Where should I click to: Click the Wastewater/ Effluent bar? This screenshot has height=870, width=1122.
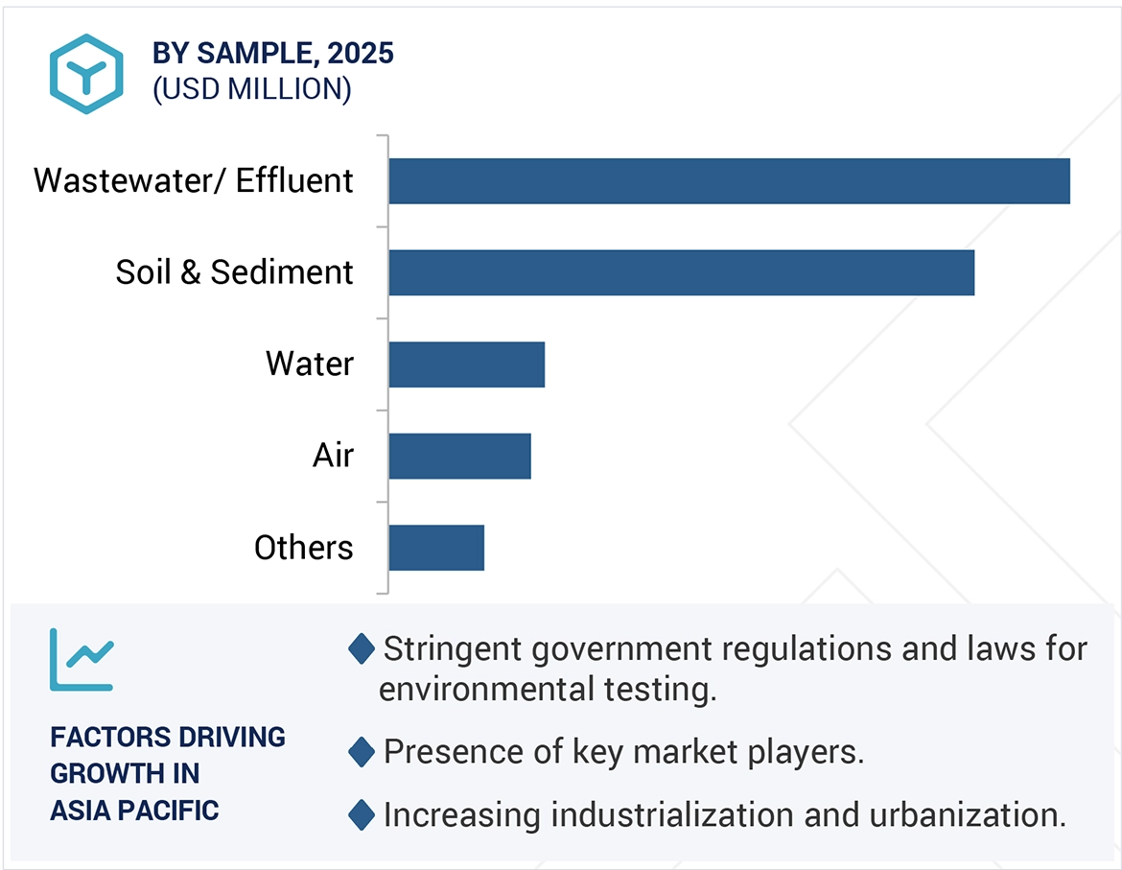729,181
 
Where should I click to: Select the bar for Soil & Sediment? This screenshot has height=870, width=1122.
681,272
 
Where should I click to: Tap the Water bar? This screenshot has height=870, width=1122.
466,364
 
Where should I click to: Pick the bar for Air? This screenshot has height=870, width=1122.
459,456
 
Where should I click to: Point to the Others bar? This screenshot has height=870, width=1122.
436,548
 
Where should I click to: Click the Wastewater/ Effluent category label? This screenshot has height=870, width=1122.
194,181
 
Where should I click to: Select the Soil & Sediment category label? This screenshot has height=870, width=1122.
234,272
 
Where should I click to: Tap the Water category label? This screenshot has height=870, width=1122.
310,364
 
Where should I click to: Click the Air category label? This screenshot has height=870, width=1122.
333,456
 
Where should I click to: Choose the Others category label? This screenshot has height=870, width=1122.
303,548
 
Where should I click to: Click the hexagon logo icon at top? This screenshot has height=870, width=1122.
87,74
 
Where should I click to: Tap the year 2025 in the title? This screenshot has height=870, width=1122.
361,54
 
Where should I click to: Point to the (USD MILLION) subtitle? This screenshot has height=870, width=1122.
252,89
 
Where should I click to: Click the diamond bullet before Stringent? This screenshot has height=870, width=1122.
362,649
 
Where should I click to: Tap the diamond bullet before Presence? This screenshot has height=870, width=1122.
362,752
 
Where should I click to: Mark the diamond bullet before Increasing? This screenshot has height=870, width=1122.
362,815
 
